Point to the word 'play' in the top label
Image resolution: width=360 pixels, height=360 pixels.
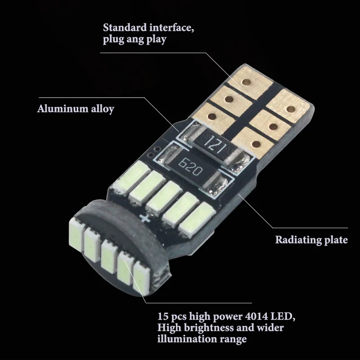pyautogui.click(x=155, y=40)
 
